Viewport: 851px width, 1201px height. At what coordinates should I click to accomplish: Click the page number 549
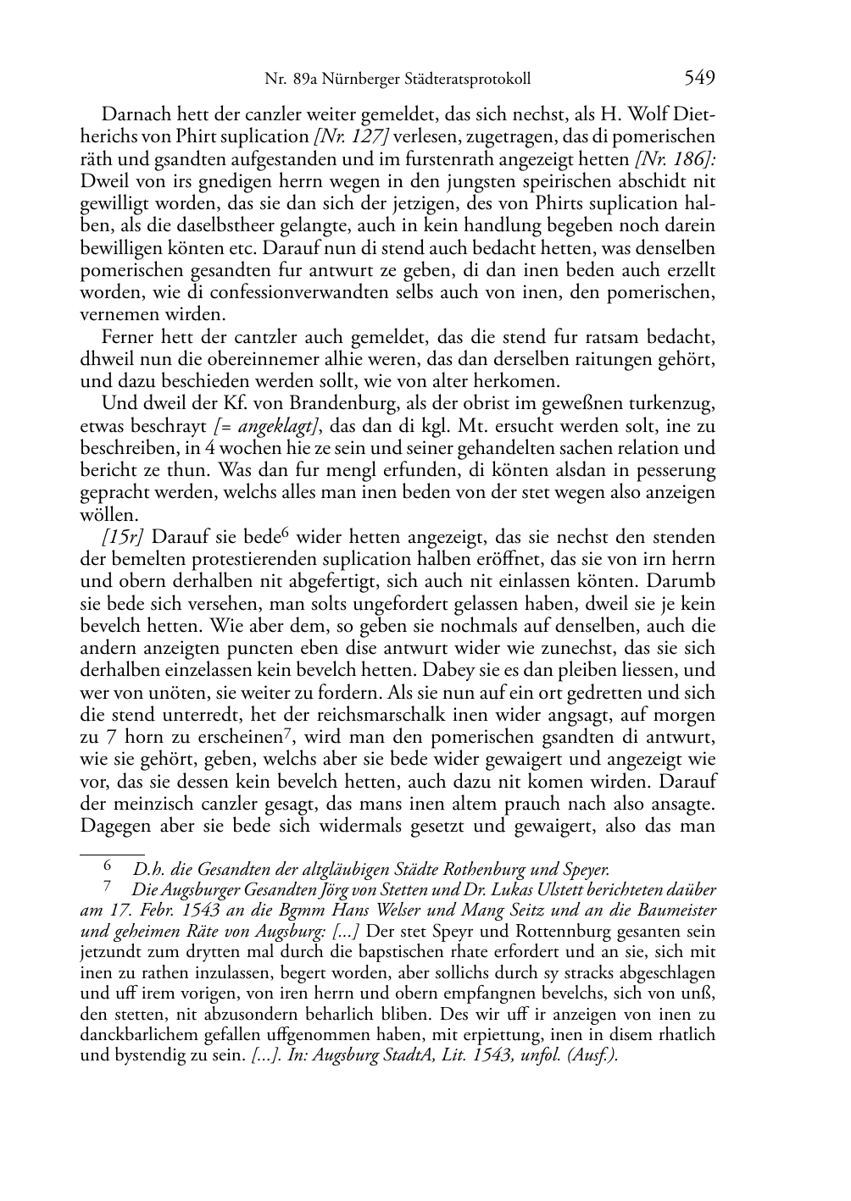point(699,79)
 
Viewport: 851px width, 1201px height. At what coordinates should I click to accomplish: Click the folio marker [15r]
point(122,537)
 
